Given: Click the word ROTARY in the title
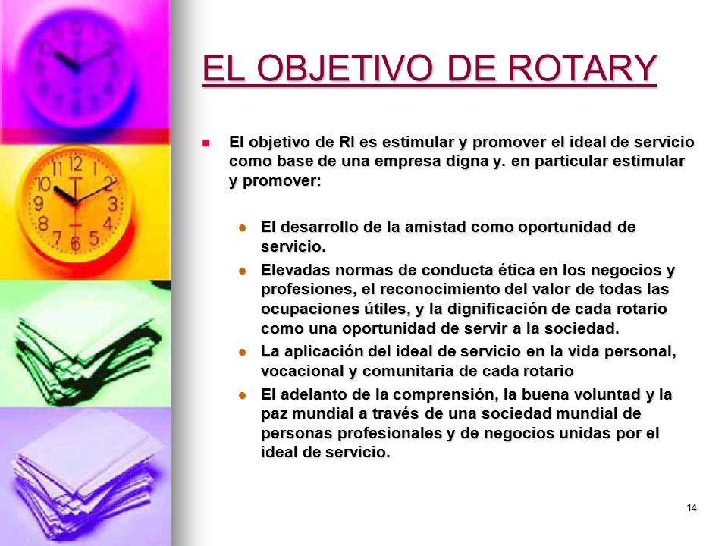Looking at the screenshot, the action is [582, 67].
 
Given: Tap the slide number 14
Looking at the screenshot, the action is [692, 507].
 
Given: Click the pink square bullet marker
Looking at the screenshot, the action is [206, 143].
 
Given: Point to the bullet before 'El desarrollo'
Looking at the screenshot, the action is [242, 227].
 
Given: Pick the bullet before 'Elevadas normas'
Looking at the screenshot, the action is [242, 271].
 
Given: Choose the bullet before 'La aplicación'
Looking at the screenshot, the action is [242, 352].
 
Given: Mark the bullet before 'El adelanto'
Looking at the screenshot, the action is [242, 395].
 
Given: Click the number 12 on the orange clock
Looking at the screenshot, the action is [76, 164].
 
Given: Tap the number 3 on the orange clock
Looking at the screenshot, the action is [112, 203].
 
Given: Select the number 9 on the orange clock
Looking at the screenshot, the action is [39, 203].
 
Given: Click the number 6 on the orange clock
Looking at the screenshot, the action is [76, 243].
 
